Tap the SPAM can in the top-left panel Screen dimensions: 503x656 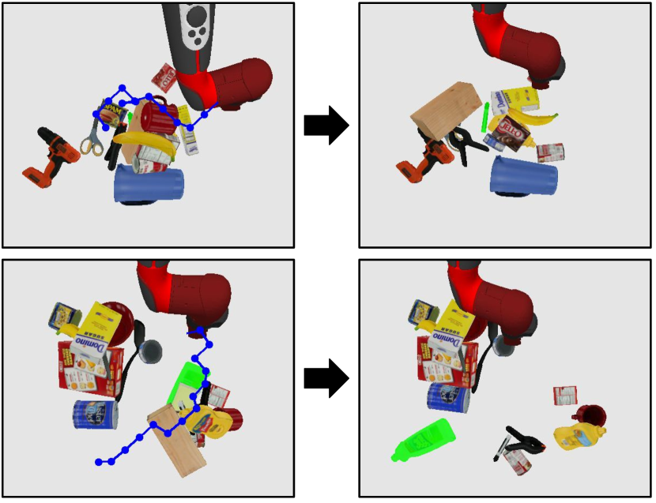pyautogui.click(x=110, y=111)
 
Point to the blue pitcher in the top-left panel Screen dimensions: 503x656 pyautogui.click(x=149, y=183)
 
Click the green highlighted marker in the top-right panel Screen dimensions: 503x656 pyautogui.click(x=484, y=118)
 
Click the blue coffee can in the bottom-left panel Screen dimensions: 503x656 pyautogui.click(x=96, y=414)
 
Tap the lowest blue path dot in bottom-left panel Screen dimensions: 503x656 pyautogui.click(x=98, y=462)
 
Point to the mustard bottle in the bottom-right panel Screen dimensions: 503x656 pyautogui.click(x=579, y=435)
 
